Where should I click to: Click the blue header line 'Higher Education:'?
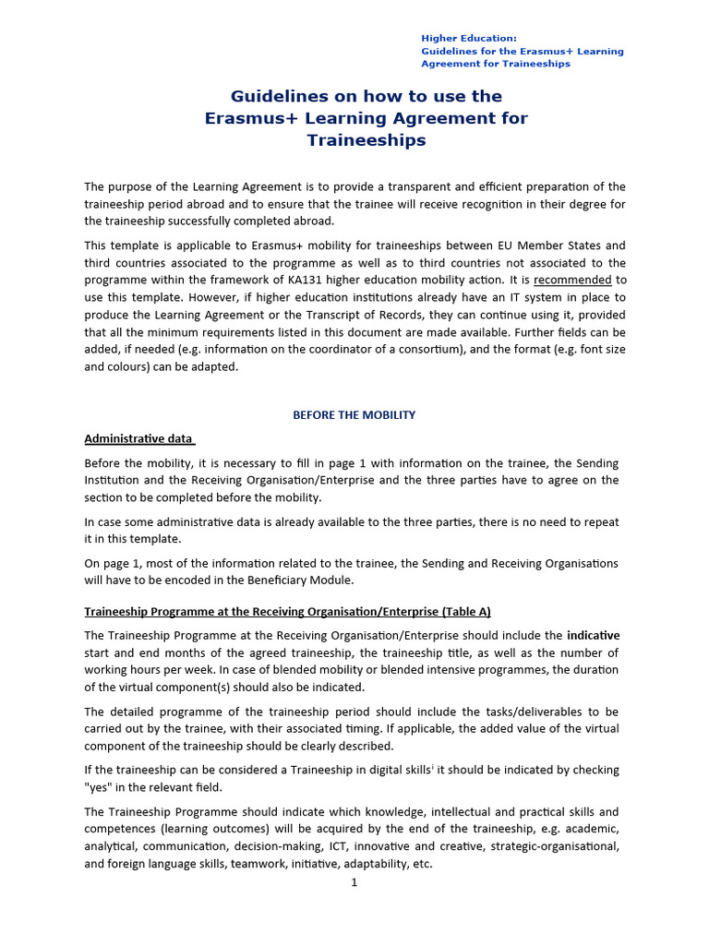(x=469, y=38)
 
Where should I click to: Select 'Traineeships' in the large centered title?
(x=366, y=140)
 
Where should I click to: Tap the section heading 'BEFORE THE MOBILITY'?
(x=354, y=415)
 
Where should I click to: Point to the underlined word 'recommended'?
(x=572, y=280)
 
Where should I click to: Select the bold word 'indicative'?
(x=593, y=635)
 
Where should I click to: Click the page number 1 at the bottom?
(x=354, y=882)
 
